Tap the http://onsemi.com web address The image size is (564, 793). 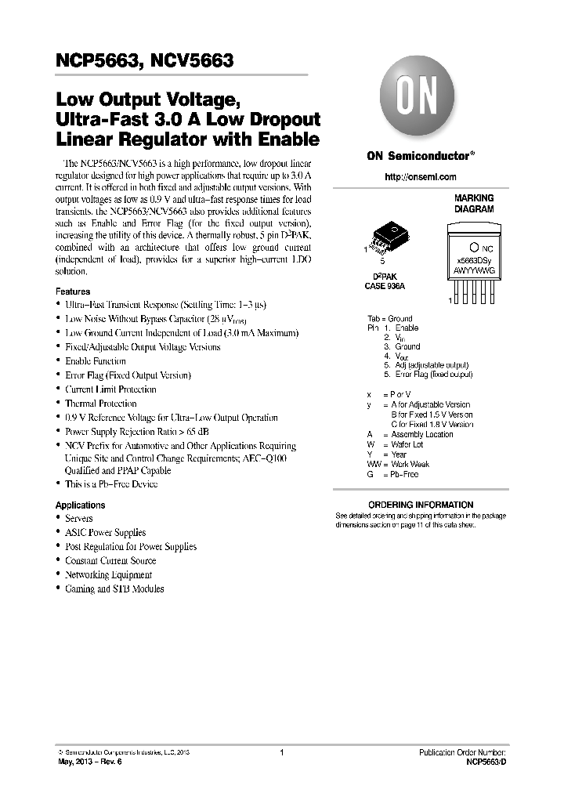click(x=421, y=177)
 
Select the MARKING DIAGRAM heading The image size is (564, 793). click(x=474, y=205)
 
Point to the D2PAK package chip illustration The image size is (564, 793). click(x=389, y=237)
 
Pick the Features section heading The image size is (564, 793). click(x=72, y=289)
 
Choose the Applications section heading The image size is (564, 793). click(x=80, y=505)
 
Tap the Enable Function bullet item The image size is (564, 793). click(x=95, y=361)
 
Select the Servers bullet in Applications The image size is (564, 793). click(x=78, y=519)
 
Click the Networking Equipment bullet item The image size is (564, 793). click(x=108, y=575)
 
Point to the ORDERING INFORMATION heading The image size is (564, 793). click(x=421, y=505)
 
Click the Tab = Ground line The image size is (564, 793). click(x=389, y=319)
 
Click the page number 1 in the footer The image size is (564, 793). click(x=281, y=752)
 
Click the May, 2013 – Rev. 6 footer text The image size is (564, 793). click(x=92, y=761)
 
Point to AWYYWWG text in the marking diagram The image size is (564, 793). click(x=473, y=269)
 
